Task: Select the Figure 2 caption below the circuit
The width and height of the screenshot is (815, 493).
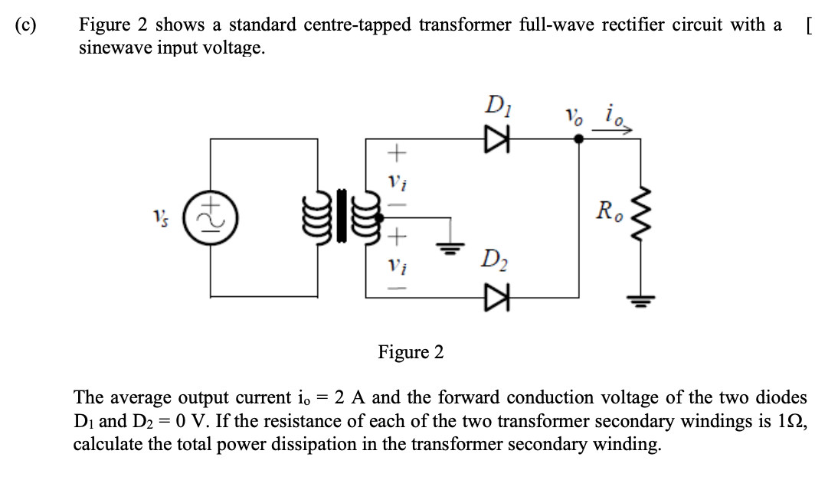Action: [x=411, y=352]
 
